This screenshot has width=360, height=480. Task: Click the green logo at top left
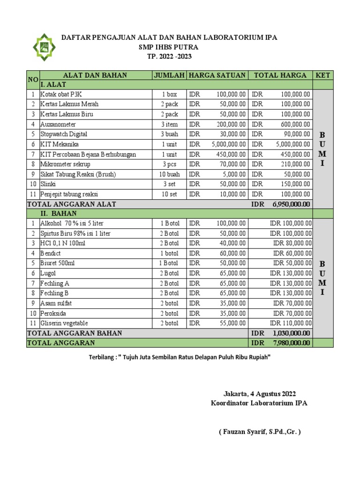point(43,47)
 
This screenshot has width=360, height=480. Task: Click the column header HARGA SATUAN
point(217,75)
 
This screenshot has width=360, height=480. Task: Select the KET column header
point(323,75)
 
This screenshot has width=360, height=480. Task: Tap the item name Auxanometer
point(58,124)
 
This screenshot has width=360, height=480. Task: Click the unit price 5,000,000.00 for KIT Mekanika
point(229,144)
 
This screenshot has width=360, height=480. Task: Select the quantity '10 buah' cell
point(169,174)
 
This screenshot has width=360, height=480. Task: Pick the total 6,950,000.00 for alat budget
point(290,204)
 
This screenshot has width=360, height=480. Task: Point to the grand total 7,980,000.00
point(290,343)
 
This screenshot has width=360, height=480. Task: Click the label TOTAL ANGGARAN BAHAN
point(75,333)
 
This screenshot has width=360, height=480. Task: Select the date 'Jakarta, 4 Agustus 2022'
point(259,394)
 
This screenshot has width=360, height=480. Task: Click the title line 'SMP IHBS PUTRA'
point(168,47)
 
